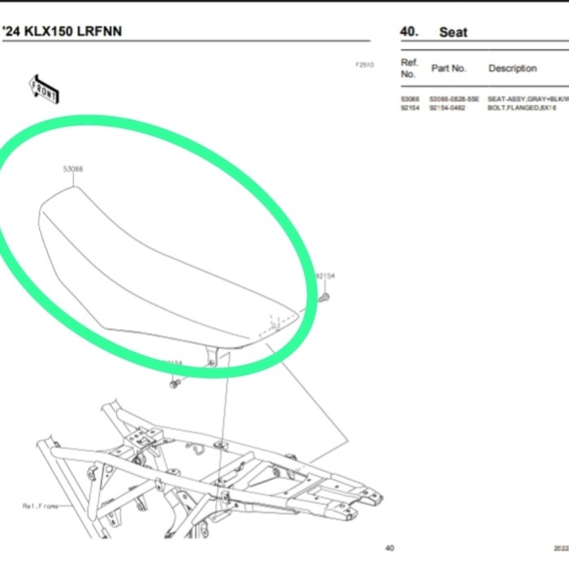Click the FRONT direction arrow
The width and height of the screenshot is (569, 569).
point(45,89)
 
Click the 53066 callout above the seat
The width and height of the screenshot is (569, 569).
point(73,170)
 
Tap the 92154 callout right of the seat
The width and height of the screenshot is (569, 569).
point(325,276)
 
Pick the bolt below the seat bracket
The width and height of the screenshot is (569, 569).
point(174,382)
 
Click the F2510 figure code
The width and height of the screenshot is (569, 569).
point(364,65)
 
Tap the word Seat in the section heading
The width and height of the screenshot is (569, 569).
point(454,33)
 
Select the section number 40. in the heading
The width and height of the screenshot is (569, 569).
point(410,33)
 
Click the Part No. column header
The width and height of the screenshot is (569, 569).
point(449,69)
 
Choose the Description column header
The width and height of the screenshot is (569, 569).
point(512,69)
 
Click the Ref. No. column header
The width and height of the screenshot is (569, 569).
point(410,68)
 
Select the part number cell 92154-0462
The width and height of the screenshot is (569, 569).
point(447,107)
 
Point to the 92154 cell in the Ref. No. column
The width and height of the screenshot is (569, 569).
point(410,107)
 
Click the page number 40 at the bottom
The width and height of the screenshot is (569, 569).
point(389,548)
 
